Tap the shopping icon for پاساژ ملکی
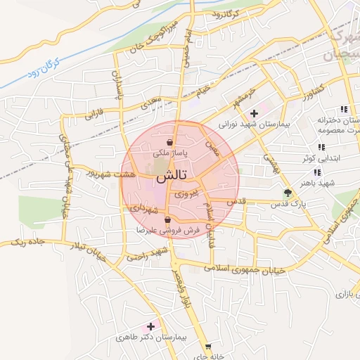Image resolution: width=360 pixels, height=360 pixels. [x=170, y=143]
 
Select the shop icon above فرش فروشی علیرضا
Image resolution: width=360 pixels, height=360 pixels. [x=167, y=220]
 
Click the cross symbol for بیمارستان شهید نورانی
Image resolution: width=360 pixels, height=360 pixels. [x=255, y=112]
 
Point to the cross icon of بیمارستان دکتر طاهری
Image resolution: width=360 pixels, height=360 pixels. [x=150, y=327]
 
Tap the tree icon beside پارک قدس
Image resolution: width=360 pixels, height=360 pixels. [x=286, y=193]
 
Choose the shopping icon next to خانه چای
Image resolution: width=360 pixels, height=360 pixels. [x=207, y=347]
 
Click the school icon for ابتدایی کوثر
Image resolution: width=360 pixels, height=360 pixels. [x=321, y=148]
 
